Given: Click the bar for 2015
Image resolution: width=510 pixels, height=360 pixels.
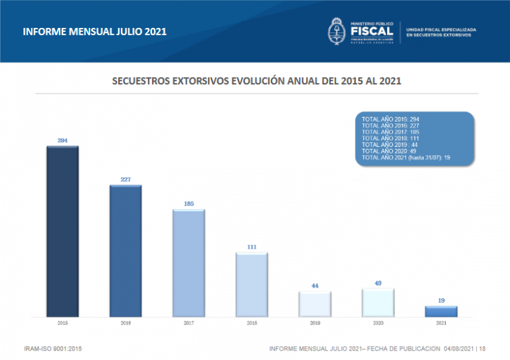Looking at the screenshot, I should tap(62, 230).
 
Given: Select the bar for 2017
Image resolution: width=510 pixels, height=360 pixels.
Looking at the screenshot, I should tap(189, 262).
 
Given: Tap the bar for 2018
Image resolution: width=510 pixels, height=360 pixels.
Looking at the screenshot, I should tap(252, 284).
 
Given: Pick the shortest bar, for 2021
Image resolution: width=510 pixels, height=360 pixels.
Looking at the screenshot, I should tap(441, 311).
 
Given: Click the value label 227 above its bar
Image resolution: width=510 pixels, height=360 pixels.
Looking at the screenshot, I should tap(126, 179).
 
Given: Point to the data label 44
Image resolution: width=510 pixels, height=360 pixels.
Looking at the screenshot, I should tap(315, 286).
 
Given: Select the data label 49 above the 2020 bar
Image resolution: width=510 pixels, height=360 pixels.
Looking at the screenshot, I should tap(378, 283).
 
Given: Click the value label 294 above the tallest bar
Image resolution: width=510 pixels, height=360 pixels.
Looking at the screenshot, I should tap(62, 140).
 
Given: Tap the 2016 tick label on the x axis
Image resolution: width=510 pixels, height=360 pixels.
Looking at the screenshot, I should tap(126, 323).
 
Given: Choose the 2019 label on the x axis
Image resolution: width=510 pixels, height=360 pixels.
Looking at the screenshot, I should tap(315, 323).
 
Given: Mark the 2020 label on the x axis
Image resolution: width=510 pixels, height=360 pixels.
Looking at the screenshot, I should tap(378, 323).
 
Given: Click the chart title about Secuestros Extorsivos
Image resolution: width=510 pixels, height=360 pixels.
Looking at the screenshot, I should tap(256, 81).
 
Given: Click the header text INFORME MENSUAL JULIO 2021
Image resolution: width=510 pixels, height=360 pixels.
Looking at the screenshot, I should tap(94, 31).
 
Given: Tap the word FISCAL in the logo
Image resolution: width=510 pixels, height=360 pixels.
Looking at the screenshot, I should tap(371, 31).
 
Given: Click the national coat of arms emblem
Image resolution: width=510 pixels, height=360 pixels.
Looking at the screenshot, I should tap(336, 31).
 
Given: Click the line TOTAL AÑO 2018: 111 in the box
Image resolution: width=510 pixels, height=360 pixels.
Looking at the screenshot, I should tap(390, 137).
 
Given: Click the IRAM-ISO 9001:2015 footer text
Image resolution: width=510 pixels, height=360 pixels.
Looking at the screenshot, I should tap(52, 348).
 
